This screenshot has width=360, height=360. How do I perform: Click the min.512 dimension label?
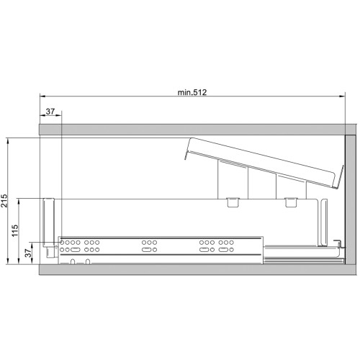(x=192, y=92)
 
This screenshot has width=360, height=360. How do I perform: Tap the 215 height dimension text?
(x=4, y=201)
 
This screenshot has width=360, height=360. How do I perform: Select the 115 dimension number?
(x=15, y=230)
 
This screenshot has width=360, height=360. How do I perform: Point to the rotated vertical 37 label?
(x=28, y=253)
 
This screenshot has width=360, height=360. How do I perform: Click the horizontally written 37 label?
(x=50, y=112)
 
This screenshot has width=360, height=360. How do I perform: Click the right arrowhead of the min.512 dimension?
(x=343, y=96)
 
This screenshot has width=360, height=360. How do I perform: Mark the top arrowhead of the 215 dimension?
(x=9, y=140)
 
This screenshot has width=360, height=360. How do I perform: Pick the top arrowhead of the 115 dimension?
(x=19, y=201)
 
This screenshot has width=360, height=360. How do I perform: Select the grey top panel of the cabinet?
(x=197, y=130)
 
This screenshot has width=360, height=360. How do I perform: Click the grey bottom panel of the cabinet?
(x=197, y=270)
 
